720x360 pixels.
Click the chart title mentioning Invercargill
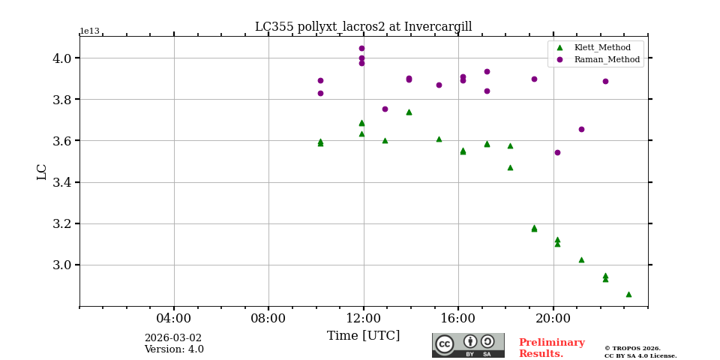(x=363, y=27)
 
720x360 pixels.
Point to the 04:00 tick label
(x=174, y=318)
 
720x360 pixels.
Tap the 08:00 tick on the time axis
(x=268, y=318)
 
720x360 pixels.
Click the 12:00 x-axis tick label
(x=364, y=318)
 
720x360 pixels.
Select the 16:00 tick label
(x=458, y=318)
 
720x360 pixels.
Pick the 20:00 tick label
(x=553, y=318)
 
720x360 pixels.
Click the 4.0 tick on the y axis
(x=62, y=58)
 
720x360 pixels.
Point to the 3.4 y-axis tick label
(x=62, y=182)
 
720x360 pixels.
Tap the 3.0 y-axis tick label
(x=62, y=265)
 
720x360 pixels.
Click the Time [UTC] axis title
(x=363, y=336)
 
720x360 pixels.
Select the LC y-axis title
(x=42, y=172)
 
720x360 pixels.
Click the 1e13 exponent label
(x=89, y=31)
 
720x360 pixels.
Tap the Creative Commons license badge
(x=468, y=345)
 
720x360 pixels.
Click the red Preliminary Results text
(x=551, y=348)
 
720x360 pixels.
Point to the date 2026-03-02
(x=173, y=338)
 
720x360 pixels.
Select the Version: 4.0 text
(x=174, y=349)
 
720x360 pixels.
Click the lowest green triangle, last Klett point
(x=628, y=294)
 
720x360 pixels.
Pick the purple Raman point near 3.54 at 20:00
(x=557, y=152)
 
